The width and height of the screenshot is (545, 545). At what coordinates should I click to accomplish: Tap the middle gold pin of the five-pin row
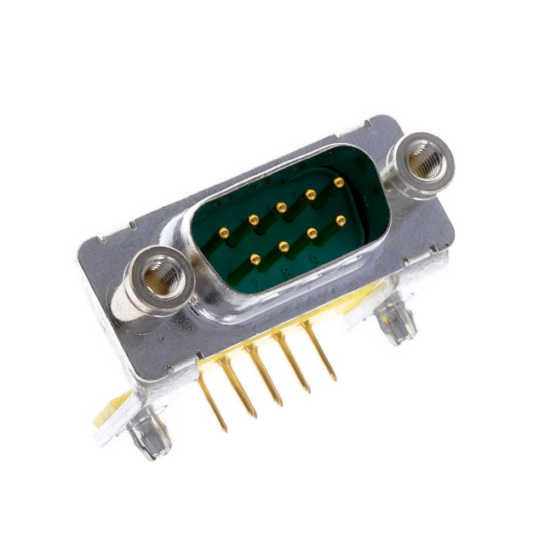click(281, 207)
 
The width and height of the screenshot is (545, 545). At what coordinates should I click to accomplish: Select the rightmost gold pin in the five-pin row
click(338, 182)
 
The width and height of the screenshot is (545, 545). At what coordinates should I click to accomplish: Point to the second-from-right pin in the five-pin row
click(310, 194)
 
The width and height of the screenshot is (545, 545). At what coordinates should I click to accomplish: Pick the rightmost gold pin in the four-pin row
click(341, 221)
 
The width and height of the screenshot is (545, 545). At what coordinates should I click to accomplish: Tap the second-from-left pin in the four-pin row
click(284, 247)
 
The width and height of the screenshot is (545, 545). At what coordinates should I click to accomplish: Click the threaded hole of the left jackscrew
click(161, 278)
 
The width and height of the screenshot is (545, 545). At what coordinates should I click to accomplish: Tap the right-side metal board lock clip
click(398, 322)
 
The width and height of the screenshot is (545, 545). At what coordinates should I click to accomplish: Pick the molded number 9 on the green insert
click(316, 254)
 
